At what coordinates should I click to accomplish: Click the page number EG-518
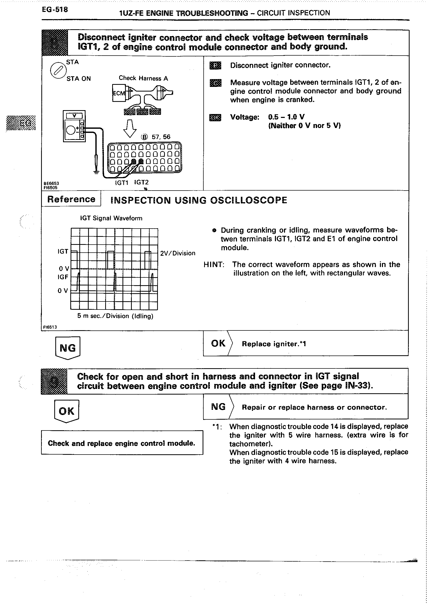tap(55, 10)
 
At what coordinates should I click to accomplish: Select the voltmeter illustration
tap(74, 126)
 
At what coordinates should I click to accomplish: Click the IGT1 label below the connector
tap(121, 183)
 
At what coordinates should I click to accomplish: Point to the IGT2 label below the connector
tap(141, 182)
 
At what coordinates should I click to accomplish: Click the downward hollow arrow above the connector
tap(130, 129)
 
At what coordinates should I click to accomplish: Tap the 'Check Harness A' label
tap(143, 78)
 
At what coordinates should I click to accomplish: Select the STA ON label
tap(79, 79)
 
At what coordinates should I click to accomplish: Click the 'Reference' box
tap(71, 199)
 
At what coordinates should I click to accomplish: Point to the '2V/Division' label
tap(178, 253)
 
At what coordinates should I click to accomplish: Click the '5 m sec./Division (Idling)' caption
tap(115, 316)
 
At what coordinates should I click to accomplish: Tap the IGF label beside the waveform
tap(63, 277)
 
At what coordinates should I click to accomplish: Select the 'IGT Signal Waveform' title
tap(111, 218)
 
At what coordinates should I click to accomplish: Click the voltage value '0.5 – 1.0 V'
tap(286, 117)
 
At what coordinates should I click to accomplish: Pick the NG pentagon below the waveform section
tap(68, 348)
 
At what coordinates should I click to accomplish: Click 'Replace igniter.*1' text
tap(274, 344)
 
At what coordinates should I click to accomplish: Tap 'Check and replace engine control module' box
tap(122, 443)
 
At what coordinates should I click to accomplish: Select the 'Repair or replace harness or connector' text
tap(314, 407)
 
